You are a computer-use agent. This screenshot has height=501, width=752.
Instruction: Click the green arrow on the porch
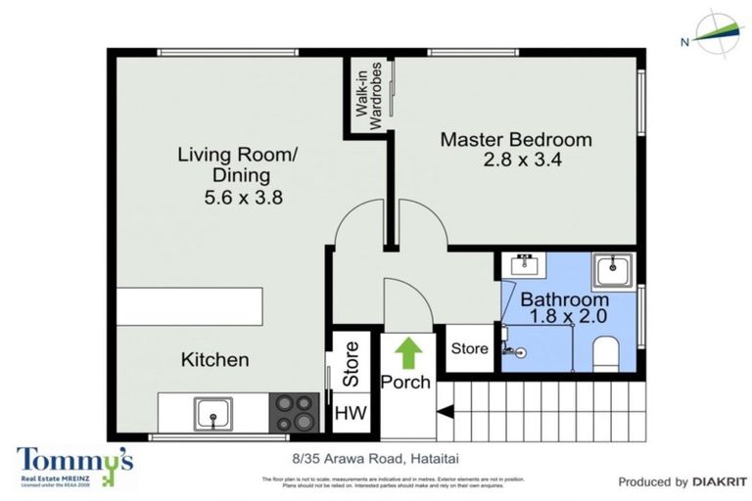coord(404,350)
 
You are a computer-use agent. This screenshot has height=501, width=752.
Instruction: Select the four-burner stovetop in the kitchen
coord(294,413)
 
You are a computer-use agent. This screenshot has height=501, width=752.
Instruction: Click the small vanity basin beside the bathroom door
coord(522,266)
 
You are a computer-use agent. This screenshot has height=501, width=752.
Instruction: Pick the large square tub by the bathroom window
coord(614,268)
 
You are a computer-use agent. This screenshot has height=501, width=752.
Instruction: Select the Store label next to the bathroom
coord(469,349)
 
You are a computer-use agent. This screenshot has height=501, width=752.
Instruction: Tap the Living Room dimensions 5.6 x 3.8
coord(236,197)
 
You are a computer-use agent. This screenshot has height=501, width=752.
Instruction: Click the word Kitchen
coord(215,360)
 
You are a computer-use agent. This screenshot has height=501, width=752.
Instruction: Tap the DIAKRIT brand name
coord(719,481)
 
